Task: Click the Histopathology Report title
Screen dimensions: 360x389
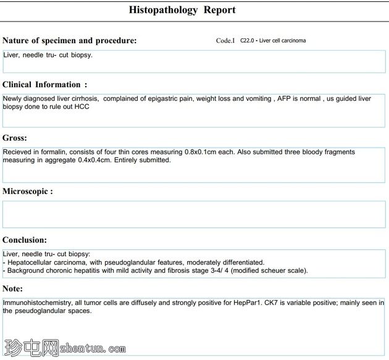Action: [x=182, y=10]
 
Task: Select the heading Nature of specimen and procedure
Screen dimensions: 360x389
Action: [x=70, y=41]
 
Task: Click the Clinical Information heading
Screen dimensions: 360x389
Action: [x=45, y=85]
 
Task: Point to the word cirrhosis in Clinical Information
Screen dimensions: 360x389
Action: [x=84, y=98]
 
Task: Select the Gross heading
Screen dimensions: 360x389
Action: [x=15, y=138]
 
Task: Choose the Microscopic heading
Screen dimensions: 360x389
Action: [x=28, y=191]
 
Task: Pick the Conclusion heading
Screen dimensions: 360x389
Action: [x=25, y=240]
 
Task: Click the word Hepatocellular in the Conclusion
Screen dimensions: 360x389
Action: [x=31, y=262]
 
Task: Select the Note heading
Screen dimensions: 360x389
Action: [x=13, y=288]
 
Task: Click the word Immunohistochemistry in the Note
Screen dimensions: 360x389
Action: [x=39, y=303]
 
